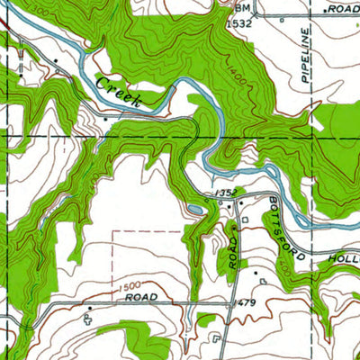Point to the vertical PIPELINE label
tap(306, 54)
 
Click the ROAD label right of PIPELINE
tap(343, 8)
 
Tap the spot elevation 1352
tap(225, 193)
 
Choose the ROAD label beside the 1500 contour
tap(141, 296)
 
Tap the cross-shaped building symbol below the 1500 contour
tap(89, 318)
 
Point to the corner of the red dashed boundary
tap(112, 231)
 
